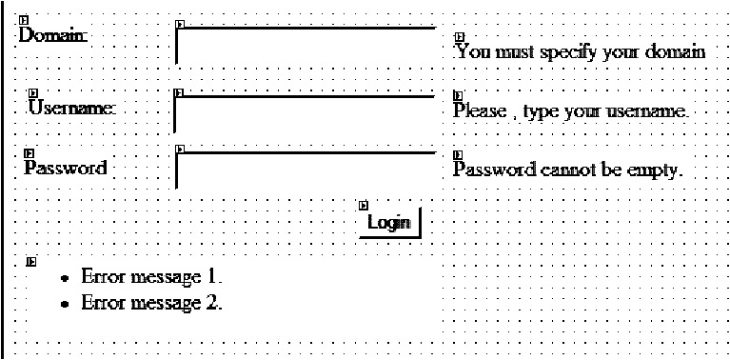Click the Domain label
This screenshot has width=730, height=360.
53,35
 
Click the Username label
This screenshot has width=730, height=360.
71,108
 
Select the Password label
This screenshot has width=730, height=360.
65,168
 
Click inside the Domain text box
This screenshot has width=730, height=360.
306,46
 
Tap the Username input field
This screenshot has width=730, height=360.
305,114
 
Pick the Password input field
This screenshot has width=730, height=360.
306,170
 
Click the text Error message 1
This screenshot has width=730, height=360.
151,276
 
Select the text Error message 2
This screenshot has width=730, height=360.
151,303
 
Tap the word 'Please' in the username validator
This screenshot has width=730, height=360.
480,110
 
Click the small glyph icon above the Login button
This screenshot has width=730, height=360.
365,205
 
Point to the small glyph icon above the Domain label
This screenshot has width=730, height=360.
23,20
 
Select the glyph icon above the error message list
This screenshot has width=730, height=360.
31,262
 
